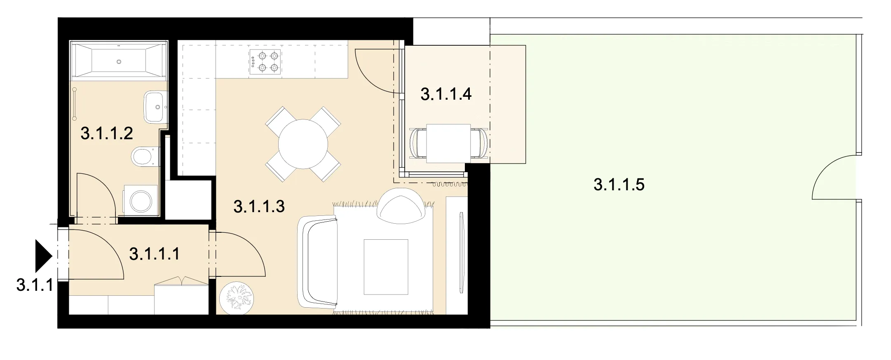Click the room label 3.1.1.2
point(107,133)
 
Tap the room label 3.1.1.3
point(259,206)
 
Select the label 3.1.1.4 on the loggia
point(446,94)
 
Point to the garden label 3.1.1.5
point(619,185)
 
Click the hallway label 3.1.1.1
point(155,254)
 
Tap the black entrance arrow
point(43,256)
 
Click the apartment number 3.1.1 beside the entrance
point(35,285)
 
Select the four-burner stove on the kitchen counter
point(265,62)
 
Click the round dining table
point(303,144)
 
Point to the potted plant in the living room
point(237,298)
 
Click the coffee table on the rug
point(386,267)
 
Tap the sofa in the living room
point(317,262)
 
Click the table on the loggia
point(448,143)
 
